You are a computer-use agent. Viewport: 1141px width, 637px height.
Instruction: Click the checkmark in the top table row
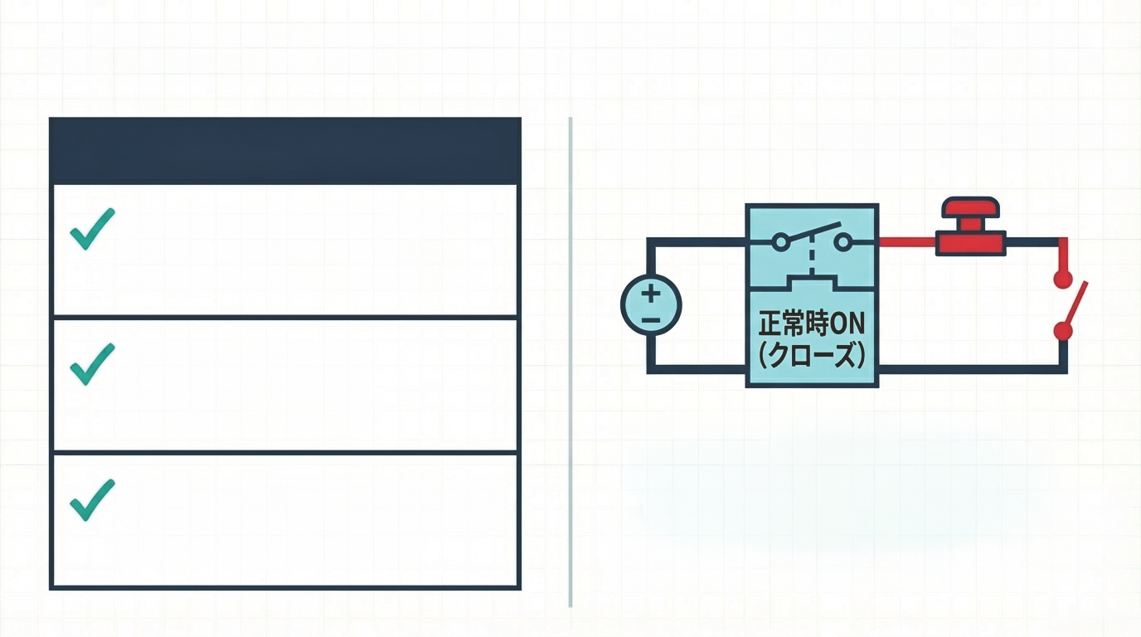click(92, 229)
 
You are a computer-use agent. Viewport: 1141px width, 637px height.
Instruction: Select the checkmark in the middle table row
click(92, 364)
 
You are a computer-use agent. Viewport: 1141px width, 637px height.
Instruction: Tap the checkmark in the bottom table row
click(92, 500)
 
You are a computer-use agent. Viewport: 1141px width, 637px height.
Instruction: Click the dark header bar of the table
click(285, 150)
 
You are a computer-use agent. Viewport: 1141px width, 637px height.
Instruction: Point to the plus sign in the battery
click(651, 293)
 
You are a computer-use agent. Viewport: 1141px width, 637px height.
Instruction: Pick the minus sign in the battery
click(651, 319)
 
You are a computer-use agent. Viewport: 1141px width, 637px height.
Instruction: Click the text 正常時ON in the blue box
click(812, 324)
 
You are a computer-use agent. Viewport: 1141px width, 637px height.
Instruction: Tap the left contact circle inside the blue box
click(780, 242)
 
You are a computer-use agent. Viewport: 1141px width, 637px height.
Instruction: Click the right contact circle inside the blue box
click(843, 242)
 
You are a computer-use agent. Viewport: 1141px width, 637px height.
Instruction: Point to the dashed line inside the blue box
click(812, 257)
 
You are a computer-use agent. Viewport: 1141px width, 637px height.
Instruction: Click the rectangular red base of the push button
click(970, 243)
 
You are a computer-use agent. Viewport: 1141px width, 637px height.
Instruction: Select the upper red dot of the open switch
click(1063, 280)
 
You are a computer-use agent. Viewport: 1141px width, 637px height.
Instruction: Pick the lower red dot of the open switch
click(1063, 332)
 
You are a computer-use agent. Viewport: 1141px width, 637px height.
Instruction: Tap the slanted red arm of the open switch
click(1075, 304)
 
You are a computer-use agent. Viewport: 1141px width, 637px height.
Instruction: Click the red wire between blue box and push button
click(906, 242)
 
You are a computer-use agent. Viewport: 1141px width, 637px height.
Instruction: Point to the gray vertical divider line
click(570, 362)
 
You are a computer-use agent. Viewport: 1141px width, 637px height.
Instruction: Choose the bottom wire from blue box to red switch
click(970, 368)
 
